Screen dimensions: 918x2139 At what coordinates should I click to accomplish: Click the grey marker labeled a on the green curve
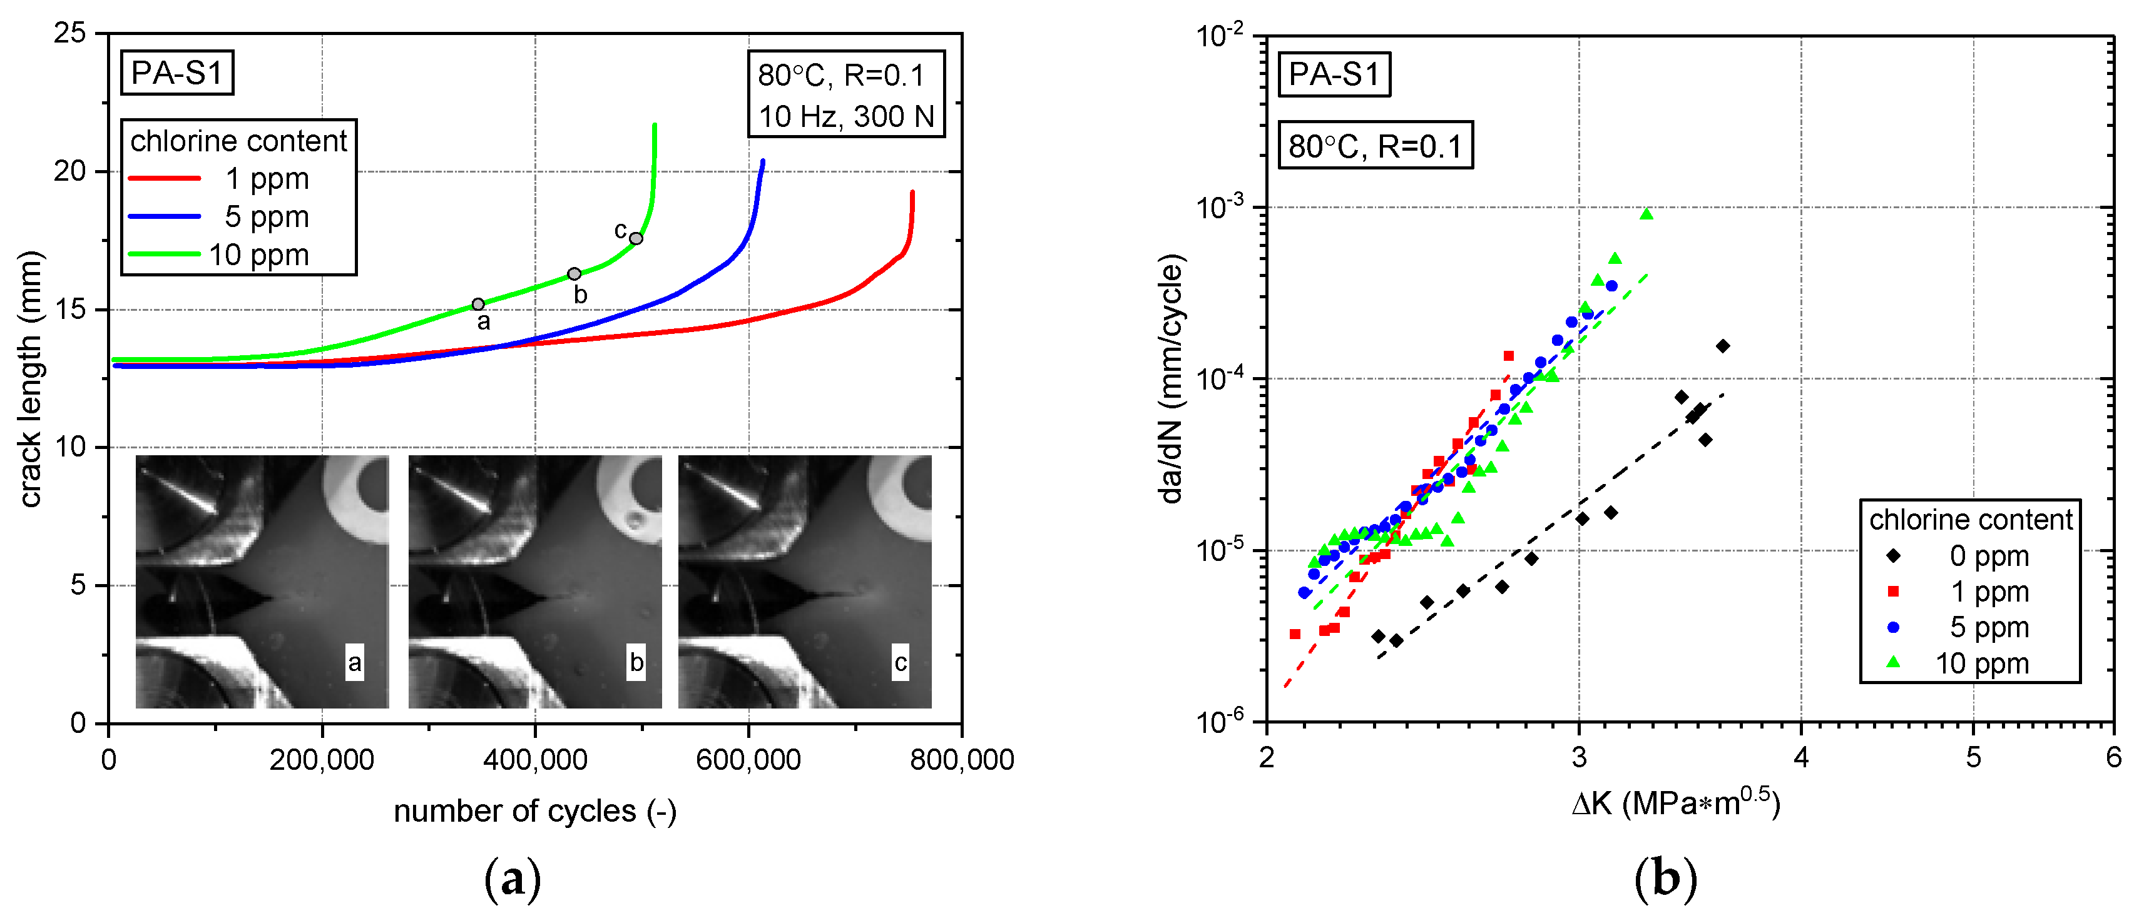[x=478, y=305]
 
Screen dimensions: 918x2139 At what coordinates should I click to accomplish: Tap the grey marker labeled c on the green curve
[x=636, y=238]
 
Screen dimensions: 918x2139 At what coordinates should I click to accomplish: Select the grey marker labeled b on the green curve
[x=574, y=274]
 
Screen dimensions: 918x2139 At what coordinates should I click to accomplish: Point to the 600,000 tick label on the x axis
[x=748, y=759]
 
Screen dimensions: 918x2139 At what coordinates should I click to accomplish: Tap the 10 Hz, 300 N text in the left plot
[x=845, y=116]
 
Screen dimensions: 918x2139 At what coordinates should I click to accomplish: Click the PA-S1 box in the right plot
[x=1334, y=74]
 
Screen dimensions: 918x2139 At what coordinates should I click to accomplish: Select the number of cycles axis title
[x=534, y=811]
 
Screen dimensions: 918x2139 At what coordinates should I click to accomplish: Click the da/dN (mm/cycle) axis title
[x=1171, y=380]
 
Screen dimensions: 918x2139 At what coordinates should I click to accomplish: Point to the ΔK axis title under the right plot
[x=1676, y=803]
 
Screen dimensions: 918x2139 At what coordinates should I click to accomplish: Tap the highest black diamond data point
[x=1723, y=346]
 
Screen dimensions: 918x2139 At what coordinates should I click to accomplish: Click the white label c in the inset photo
[x=900, y=662]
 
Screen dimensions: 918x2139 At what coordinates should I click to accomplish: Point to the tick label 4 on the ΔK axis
[x=1800, y=757]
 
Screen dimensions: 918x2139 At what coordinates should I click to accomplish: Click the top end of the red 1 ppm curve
[x=912, y=193]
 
